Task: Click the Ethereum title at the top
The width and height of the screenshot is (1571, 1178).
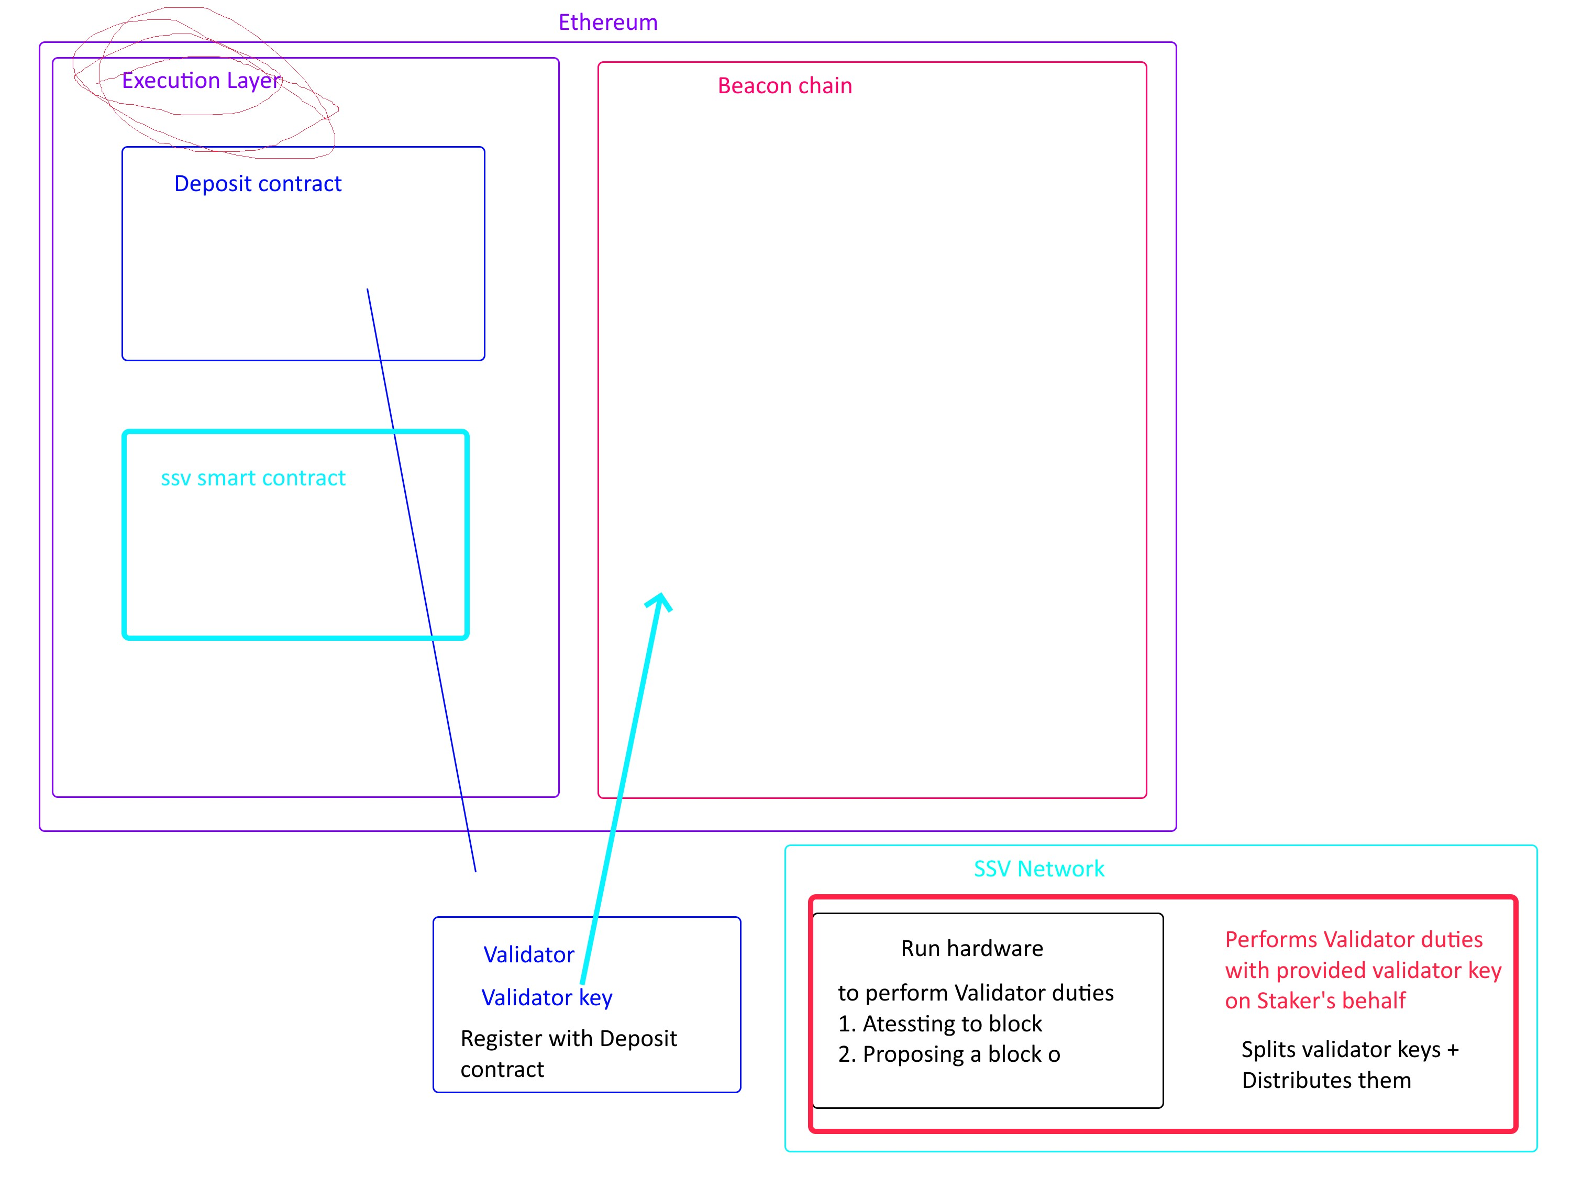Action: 608,22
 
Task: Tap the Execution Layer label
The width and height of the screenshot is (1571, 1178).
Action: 201,80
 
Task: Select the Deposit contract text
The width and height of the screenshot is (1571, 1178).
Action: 258,183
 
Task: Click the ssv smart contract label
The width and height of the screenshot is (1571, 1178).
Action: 253,478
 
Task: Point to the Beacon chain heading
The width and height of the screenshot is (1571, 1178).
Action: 785,85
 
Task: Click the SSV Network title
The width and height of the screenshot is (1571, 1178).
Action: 1038,869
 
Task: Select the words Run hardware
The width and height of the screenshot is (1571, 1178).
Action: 971,948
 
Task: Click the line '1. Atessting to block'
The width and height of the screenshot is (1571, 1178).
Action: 939,1023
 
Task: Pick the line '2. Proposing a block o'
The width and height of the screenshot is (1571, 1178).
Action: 949,1054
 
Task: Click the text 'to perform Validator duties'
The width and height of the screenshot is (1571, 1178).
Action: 975,992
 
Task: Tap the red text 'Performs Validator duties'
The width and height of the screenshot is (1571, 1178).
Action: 1354,939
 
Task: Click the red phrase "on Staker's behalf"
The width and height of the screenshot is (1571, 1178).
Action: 1314,1001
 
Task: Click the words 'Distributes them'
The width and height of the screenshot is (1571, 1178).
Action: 1326,1080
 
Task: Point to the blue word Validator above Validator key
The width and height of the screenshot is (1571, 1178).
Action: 528,954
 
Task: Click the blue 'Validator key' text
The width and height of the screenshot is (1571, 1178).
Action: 546,997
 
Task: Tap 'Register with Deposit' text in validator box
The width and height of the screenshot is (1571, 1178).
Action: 568,1038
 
